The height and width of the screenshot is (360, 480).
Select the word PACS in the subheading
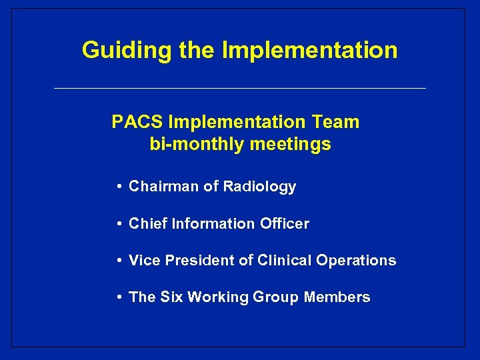pos(138,123)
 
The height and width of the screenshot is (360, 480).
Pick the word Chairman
pos(164,187)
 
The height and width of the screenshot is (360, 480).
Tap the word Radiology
pos(259,187)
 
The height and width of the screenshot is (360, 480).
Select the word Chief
pos(148,224)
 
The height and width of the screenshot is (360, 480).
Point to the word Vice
pos(144,261)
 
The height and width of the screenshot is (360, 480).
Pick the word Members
pos(337,297)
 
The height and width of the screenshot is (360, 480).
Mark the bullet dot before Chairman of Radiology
pos(117,187)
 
